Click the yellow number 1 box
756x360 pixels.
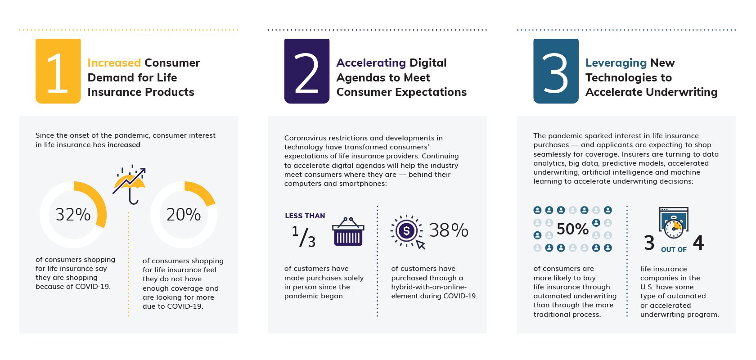point(58,71)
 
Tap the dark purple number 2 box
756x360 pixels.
point(307,71)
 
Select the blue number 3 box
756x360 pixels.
point(556,71)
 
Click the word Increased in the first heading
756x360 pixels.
point(114,63)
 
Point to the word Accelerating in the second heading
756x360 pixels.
point(371,63)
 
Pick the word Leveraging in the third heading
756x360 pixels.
point(616,63)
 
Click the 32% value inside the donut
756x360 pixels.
point(73,215)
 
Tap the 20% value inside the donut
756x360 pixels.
point(184,215)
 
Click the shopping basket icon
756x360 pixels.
point(348,232)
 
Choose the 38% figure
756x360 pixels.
point(449,230)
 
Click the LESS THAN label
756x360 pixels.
point(305,216)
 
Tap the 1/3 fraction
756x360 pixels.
point(304,236)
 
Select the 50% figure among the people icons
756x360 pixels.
point(572,229)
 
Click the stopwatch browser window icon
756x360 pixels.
point(674,222)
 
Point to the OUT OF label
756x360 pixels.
point(674,250)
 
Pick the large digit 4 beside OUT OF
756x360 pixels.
point(698,243)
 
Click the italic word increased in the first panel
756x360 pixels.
point(124,145)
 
